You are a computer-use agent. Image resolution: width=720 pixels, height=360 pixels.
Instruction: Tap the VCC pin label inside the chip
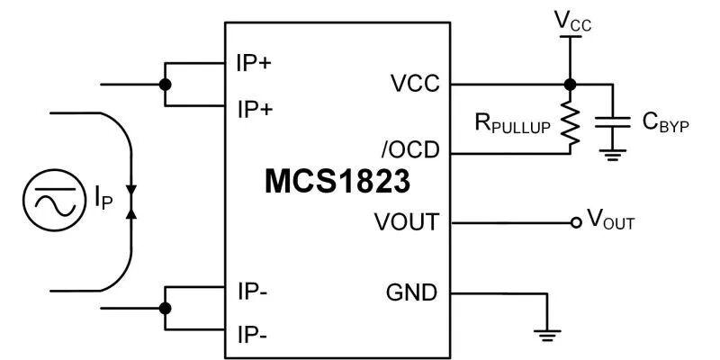click(x=415, y=85)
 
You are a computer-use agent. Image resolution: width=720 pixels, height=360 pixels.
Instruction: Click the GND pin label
click(x=411, y=292)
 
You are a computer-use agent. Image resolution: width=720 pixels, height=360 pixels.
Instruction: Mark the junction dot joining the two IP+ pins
click(x=165, y=85)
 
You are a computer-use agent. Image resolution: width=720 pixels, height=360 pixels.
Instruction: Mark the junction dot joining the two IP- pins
click(x=165, y=309)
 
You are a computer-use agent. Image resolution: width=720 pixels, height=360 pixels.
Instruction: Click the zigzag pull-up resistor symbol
click(x=569, y=123)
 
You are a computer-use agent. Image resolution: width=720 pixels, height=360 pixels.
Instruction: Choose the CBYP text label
click(x=665, y=124)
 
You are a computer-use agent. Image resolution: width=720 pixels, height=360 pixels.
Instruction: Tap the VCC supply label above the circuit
click(x=572, y=19)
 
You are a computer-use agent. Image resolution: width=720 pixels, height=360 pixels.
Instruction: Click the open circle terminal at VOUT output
click(x=576, y=222)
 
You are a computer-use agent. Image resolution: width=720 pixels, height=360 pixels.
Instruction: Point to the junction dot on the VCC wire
click(x=569, y=85)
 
